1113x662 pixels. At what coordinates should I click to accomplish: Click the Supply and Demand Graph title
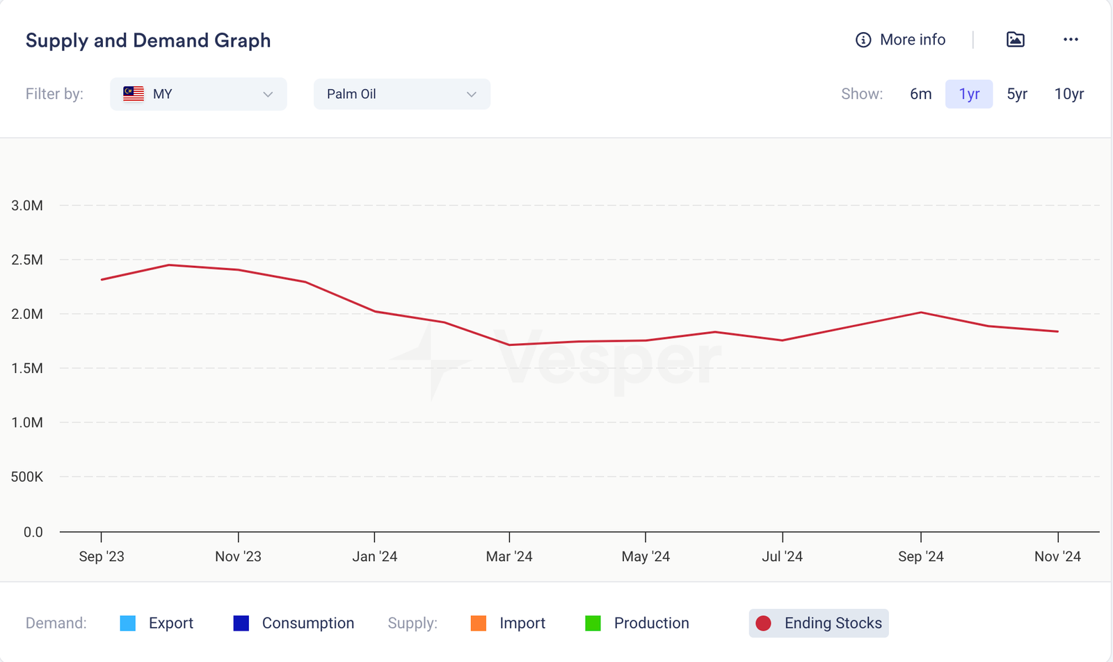pos(148,40)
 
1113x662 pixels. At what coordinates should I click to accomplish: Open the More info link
pos(901,40)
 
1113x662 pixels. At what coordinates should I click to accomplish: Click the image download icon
pos(1016,40)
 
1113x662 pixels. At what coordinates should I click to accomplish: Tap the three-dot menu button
pos(1071,40)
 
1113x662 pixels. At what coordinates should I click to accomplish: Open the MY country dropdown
pos(198,94)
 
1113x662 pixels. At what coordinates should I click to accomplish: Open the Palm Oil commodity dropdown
pos(401,94)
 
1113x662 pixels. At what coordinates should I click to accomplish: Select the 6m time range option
pos(920,94)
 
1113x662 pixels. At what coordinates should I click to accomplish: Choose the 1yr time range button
pos(969,94)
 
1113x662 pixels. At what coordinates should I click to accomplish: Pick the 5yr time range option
pos(1017,94)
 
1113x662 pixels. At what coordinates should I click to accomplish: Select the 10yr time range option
pos(1069,94)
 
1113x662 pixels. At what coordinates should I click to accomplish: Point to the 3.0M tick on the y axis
pos(27,205)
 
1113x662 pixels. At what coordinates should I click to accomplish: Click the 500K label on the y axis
pos(27,477)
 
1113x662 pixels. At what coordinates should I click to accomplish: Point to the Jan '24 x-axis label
pos(375,556)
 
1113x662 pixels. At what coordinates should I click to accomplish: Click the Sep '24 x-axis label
pos(921,556)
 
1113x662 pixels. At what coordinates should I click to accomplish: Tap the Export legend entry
pos(157,623)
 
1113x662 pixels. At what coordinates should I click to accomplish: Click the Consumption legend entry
pos(294,623)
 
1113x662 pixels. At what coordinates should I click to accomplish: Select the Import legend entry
pos(508,623)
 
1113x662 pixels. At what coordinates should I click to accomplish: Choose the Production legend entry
pos(637,623)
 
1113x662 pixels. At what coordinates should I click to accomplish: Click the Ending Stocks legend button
pos(819,623)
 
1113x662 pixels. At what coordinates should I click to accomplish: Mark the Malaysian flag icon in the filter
pos(134,94)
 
